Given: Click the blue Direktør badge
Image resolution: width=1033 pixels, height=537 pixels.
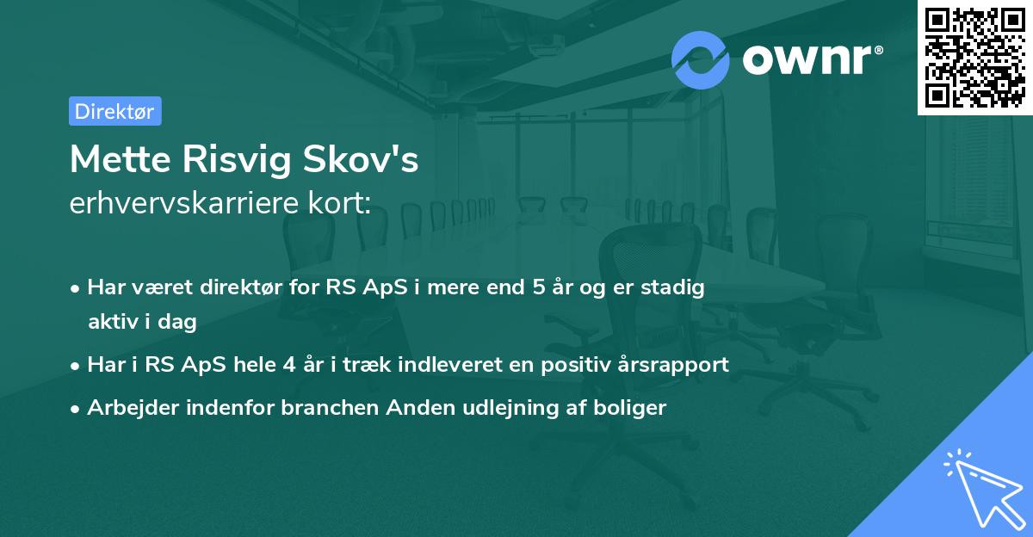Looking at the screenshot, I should pos(114,111).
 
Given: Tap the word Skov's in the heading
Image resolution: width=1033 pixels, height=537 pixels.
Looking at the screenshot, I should pos(372,159).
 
